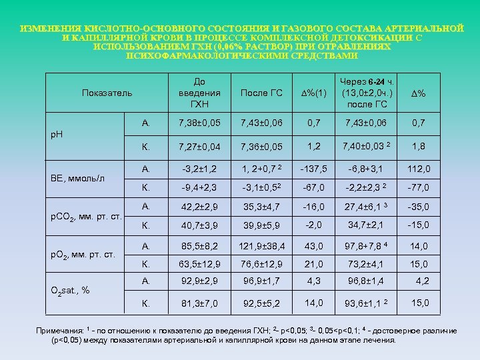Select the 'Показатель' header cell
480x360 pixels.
107,92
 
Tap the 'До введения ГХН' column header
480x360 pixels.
199,92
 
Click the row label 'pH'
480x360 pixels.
58,134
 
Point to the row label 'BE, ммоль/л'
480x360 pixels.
77,178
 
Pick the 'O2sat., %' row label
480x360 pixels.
71,290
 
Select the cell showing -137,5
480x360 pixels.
312,167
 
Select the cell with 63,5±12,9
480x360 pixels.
199,265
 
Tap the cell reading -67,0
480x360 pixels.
312,187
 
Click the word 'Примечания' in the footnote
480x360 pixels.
60,331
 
